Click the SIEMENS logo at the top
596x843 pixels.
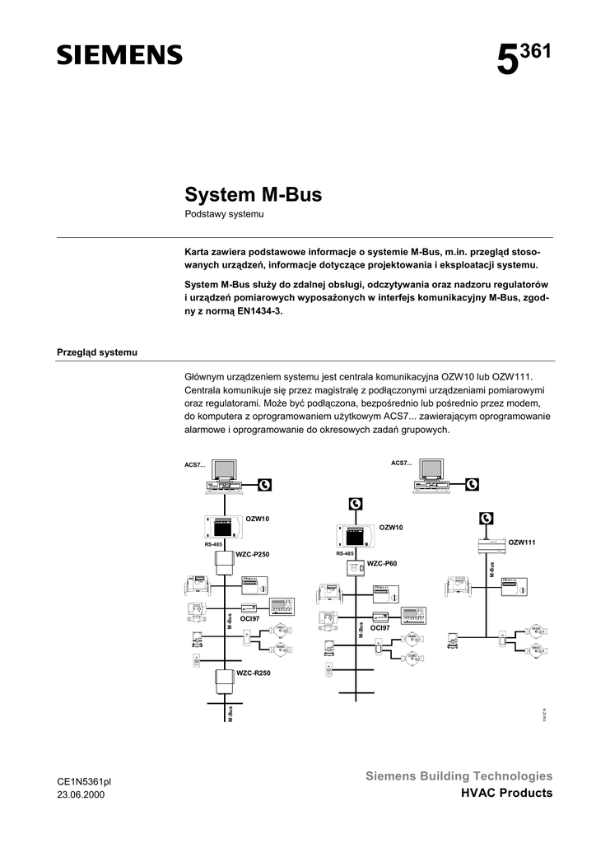[x=119, y=55]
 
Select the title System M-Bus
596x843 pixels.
[x=253, y=196]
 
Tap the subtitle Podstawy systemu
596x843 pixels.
[x=223, y=215]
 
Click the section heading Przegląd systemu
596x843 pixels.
[x=96, y=352]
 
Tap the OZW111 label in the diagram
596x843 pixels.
[x=521, y=542]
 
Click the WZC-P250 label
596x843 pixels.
[x=253, y=555]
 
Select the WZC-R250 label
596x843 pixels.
[x=253, y=673]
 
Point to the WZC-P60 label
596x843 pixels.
[x=382, y=563]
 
